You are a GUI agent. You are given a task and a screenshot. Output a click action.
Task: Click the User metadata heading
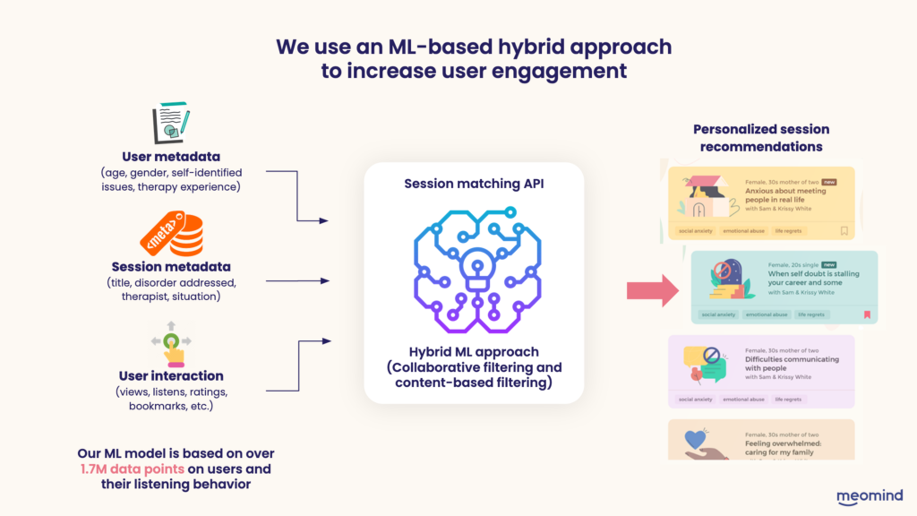point(170,157)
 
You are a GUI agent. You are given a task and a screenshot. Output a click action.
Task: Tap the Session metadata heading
point(170,267)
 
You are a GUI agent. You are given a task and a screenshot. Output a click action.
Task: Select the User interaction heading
point(170,375)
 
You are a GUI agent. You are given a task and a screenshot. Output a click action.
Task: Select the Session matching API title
point(473,184)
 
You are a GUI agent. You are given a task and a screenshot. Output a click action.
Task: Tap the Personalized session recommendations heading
point(761,138)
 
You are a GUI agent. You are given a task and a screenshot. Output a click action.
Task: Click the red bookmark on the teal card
point(866,314)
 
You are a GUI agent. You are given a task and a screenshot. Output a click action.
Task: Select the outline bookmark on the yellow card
point(844,231)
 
